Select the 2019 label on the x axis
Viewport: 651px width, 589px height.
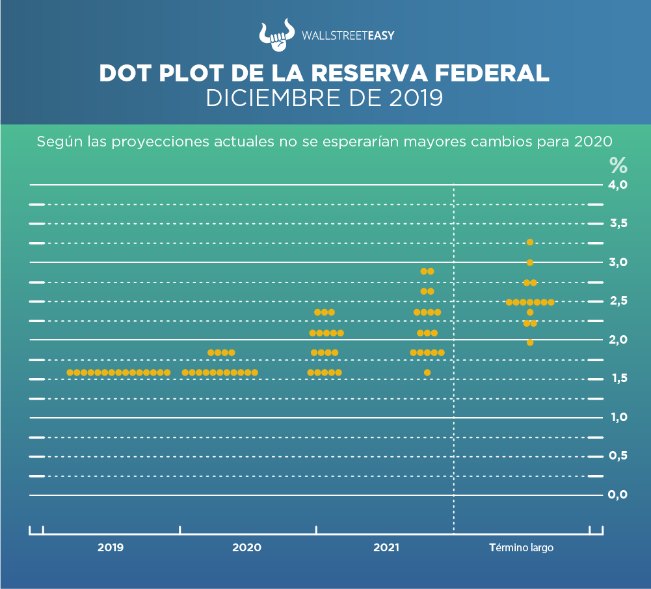111,548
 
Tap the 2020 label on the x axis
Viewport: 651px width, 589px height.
246,548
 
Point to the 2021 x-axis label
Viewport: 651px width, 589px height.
386,548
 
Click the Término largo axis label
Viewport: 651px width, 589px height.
521,548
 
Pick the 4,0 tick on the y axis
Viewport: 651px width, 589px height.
618,185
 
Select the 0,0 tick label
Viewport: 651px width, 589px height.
618,495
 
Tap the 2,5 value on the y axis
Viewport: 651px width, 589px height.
618,301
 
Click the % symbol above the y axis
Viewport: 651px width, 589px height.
618,165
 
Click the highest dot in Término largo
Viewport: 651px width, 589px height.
530,242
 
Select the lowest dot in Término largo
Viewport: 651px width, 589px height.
530,342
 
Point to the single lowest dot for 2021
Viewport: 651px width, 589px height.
427,372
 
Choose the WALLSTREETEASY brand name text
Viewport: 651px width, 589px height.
348,36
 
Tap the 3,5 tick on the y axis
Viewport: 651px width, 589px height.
618,224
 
